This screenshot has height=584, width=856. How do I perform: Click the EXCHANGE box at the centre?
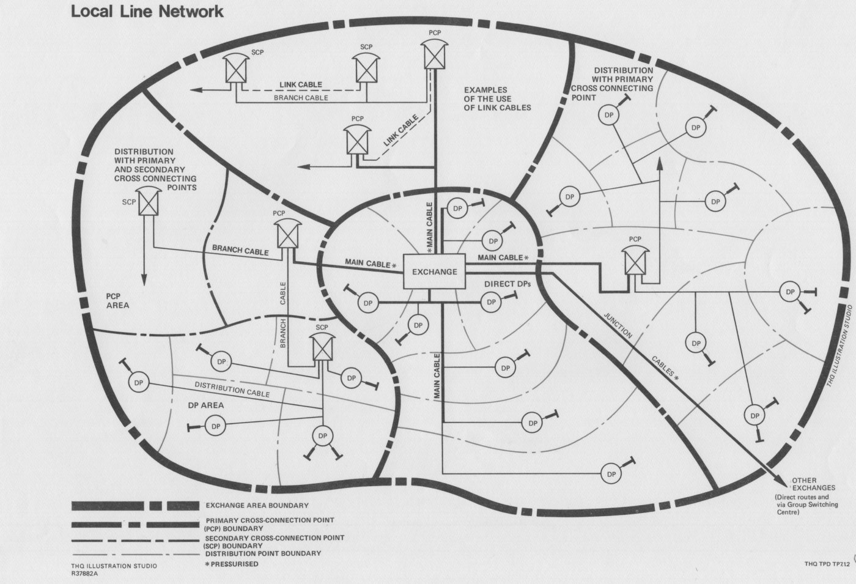click(434, 271)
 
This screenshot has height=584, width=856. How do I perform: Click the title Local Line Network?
click(147, 11)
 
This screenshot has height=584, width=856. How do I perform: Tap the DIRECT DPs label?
click(507, 284)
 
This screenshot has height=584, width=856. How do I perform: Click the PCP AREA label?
click(117, 300)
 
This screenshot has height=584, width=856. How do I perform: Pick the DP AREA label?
click(205, 405)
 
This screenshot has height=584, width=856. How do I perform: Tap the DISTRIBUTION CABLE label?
click(232, 389)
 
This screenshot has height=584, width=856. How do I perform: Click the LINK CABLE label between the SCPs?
click(301, 85)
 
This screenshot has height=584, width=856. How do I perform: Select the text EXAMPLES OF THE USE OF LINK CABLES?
click(497, 98)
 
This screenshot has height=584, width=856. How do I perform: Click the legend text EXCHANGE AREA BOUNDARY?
click(257, 506)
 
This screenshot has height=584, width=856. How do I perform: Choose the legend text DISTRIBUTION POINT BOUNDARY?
click(263, 553)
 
